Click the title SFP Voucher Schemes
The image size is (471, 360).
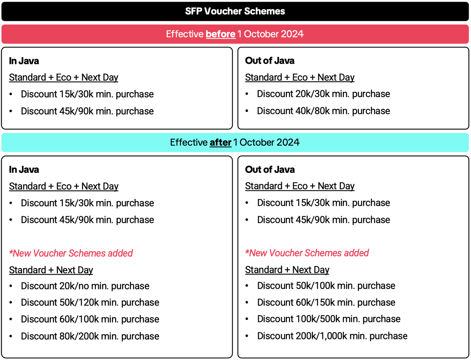click(235, 11)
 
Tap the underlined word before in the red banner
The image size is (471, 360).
click(220, 34)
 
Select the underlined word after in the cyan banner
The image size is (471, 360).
click(220, 142)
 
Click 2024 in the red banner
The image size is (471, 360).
click(292, 34)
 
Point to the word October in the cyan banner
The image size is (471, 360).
click(257, 142)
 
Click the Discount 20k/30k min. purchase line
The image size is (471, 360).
click(323, 94)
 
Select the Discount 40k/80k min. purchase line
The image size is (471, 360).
click(323, 111)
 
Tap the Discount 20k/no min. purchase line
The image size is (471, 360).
click(85, 286)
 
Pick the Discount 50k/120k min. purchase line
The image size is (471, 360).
click(90, 303)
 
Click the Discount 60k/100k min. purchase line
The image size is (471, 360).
click(90, 319)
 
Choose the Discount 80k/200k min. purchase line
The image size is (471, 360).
click(90, 336)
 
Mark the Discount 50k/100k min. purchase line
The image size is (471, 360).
click(326, 286)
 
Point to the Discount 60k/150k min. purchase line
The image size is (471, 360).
click(326, 303)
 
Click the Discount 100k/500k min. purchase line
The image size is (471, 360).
click(329, 319)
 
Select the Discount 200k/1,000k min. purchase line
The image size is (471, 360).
click(332, 336)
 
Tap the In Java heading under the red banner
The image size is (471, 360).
click(24, 61)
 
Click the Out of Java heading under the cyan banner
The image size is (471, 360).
click(270, 170)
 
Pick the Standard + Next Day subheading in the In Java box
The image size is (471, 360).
click(51, 270)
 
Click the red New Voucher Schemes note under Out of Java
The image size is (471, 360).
click(307, 253)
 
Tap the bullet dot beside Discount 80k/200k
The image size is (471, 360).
click(11, 336)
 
